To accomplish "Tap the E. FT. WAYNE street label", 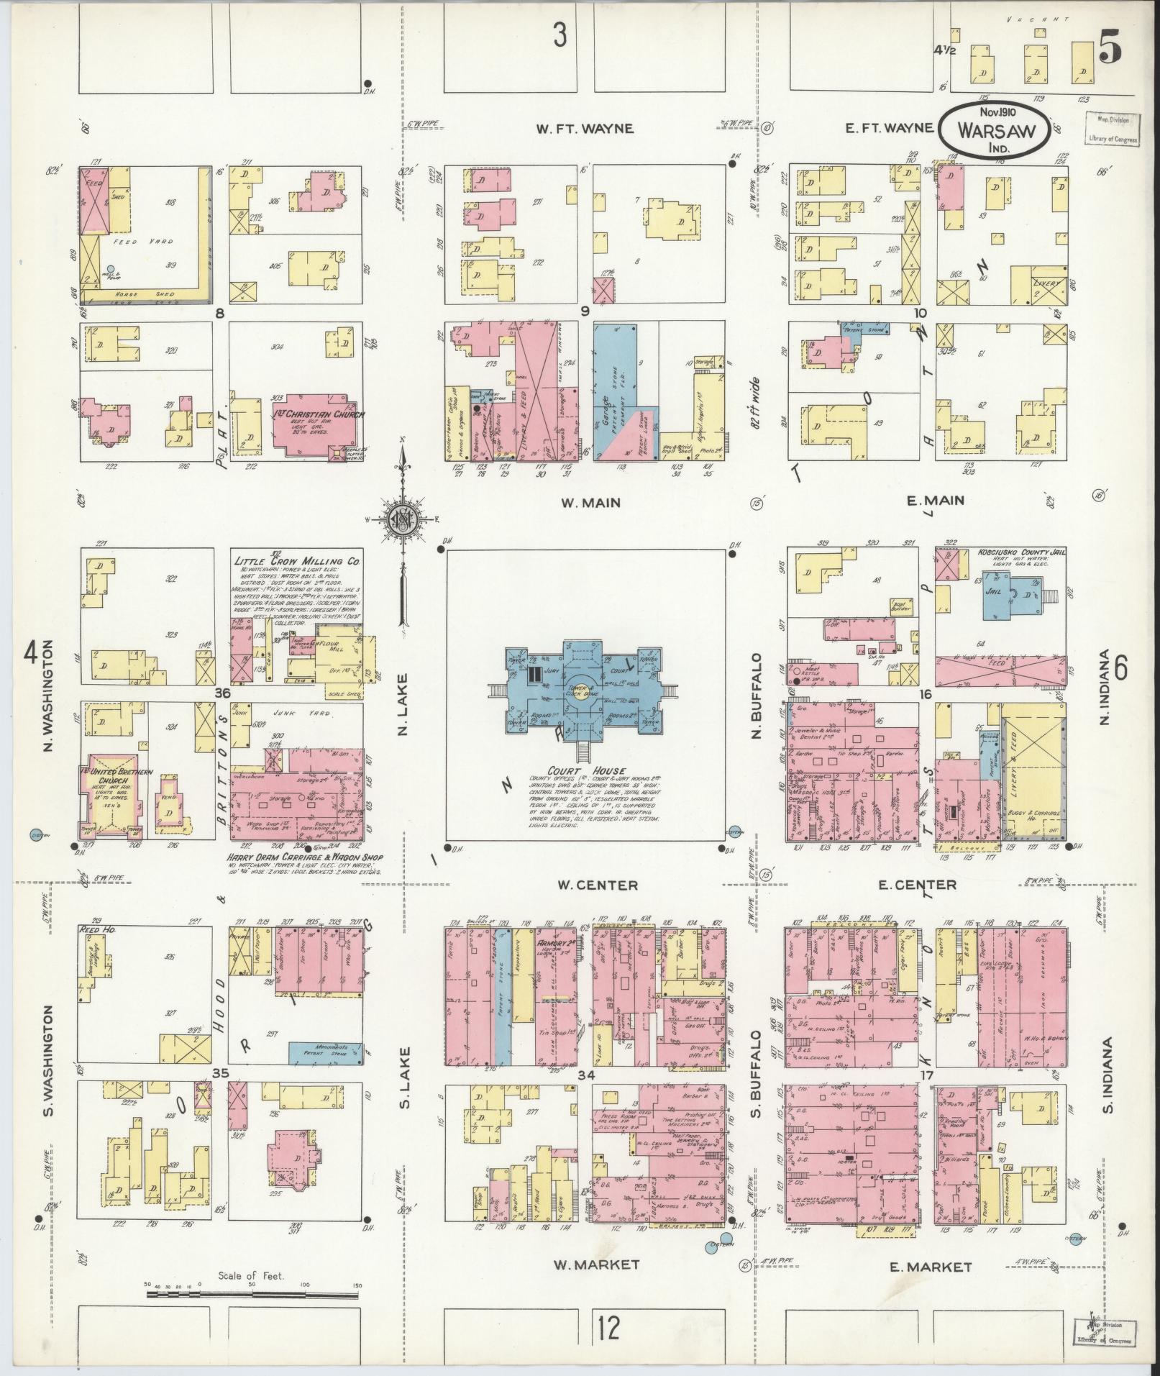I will [889, 128].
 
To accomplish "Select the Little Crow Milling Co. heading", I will [297, 560].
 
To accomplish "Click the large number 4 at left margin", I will [31, 653].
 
